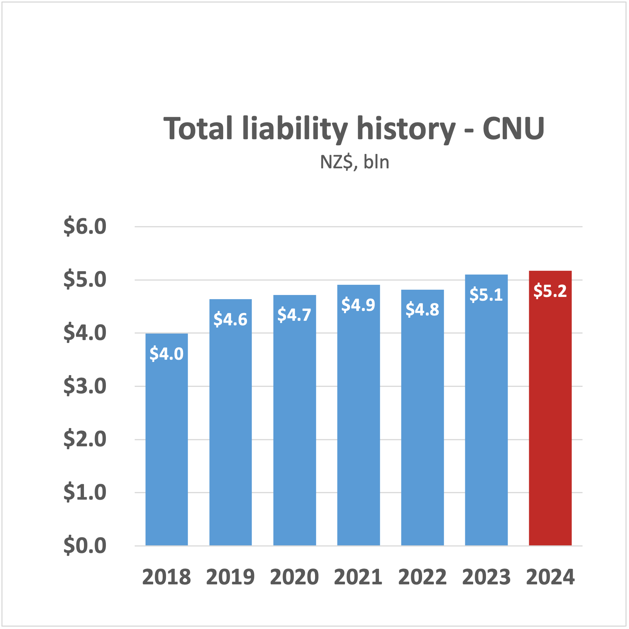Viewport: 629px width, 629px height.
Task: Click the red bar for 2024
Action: [550, 408]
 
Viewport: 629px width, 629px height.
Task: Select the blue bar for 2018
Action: [166, 439]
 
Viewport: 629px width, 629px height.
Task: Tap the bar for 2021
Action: [358, 416]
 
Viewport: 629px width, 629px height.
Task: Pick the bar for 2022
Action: [422, 418]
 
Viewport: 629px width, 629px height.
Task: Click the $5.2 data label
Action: [550, 291]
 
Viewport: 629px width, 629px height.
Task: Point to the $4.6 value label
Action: [230, 320]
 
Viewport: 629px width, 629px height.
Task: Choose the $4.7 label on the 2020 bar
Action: [294, 315]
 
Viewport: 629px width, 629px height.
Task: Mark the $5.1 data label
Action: [486, 295]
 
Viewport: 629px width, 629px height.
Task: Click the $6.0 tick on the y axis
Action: [85, 227]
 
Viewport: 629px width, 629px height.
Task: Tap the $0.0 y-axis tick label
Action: [85, 546]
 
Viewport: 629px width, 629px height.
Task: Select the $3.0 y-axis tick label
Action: [85, 386]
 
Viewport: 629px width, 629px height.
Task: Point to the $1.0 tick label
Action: [85, 492]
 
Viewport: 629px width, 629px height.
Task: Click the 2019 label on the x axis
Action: [230, 577]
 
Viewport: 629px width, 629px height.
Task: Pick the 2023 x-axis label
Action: [486, 577]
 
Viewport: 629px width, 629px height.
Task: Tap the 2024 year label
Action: [550, 577]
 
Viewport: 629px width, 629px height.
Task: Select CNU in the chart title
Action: [513, 129]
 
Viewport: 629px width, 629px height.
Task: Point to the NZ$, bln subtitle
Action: [354, 162]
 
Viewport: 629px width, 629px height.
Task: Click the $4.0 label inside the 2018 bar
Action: [166, 354]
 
